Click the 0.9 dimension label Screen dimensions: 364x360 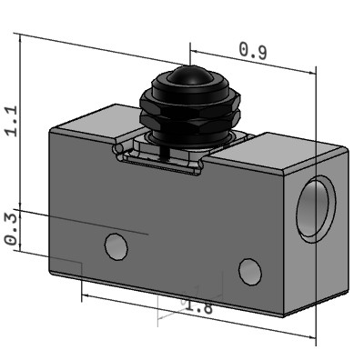click(x=253, y=51)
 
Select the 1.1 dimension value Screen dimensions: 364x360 click(x=12, y=121)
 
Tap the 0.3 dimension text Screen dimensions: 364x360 click(x=12, y=229)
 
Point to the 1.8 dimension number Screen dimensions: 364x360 click(x=198, y=307)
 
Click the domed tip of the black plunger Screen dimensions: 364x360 click(x=189, y=75)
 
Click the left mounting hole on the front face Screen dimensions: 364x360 click(x=116, y=246)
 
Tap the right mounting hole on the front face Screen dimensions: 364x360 click(x=250, y=272)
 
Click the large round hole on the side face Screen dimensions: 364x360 click(x=316, y=209)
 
